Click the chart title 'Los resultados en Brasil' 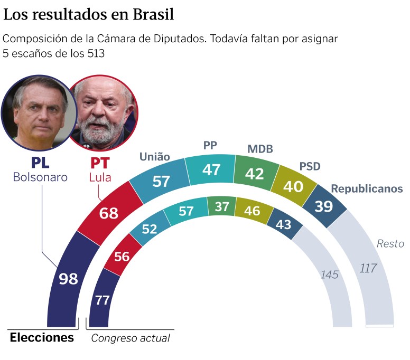89,15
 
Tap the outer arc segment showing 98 68,279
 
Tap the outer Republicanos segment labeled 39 323,206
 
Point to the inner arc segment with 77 102,300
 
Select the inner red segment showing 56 122,257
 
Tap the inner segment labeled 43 284,224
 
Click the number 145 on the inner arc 330,274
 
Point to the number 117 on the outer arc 368,268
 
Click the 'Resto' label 390,244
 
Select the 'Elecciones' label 42,337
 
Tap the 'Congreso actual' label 131,338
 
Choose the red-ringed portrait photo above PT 104,112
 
